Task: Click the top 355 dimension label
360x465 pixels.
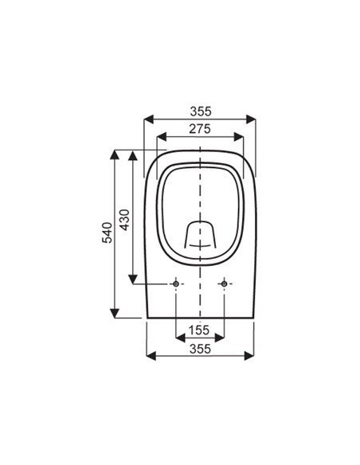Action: pyautogui.click(x=201, y=111)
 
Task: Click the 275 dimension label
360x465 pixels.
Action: pyautogui.click(x=200, y=129)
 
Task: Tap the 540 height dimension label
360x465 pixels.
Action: pyautogui.click(x=108, y=232)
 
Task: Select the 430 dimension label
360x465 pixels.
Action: pyautogui.click(x=124, y=220)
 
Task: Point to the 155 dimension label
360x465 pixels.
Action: pyautogui.click(x=199, y=330)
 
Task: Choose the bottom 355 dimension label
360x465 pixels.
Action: pyautogui.click(x=200, y=349)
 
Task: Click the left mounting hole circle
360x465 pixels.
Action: pyautogui.click(x=176, y=283)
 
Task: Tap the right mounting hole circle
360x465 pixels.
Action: pyautogui.click(x=224, y=283)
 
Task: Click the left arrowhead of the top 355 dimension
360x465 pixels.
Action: pyautogui.click(x=149, y=119)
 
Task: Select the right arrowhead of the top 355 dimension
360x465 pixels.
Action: pyautogui.click(x=251, y=119)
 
